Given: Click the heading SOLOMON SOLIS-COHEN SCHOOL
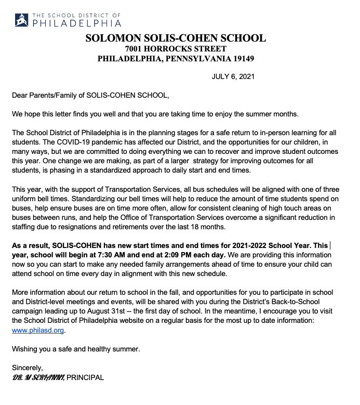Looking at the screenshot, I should click(x=176, y=38).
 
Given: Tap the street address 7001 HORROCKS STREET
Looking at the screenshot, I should click(x=176, y=48).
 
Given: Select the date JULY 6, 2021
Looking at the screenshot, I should click(x=233, y=77).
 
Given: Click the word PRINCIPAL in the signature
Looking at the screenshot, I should click(x=85, y=377).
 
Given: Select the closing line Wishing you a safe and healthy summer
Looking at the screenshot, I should click(x=76, y=349).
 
